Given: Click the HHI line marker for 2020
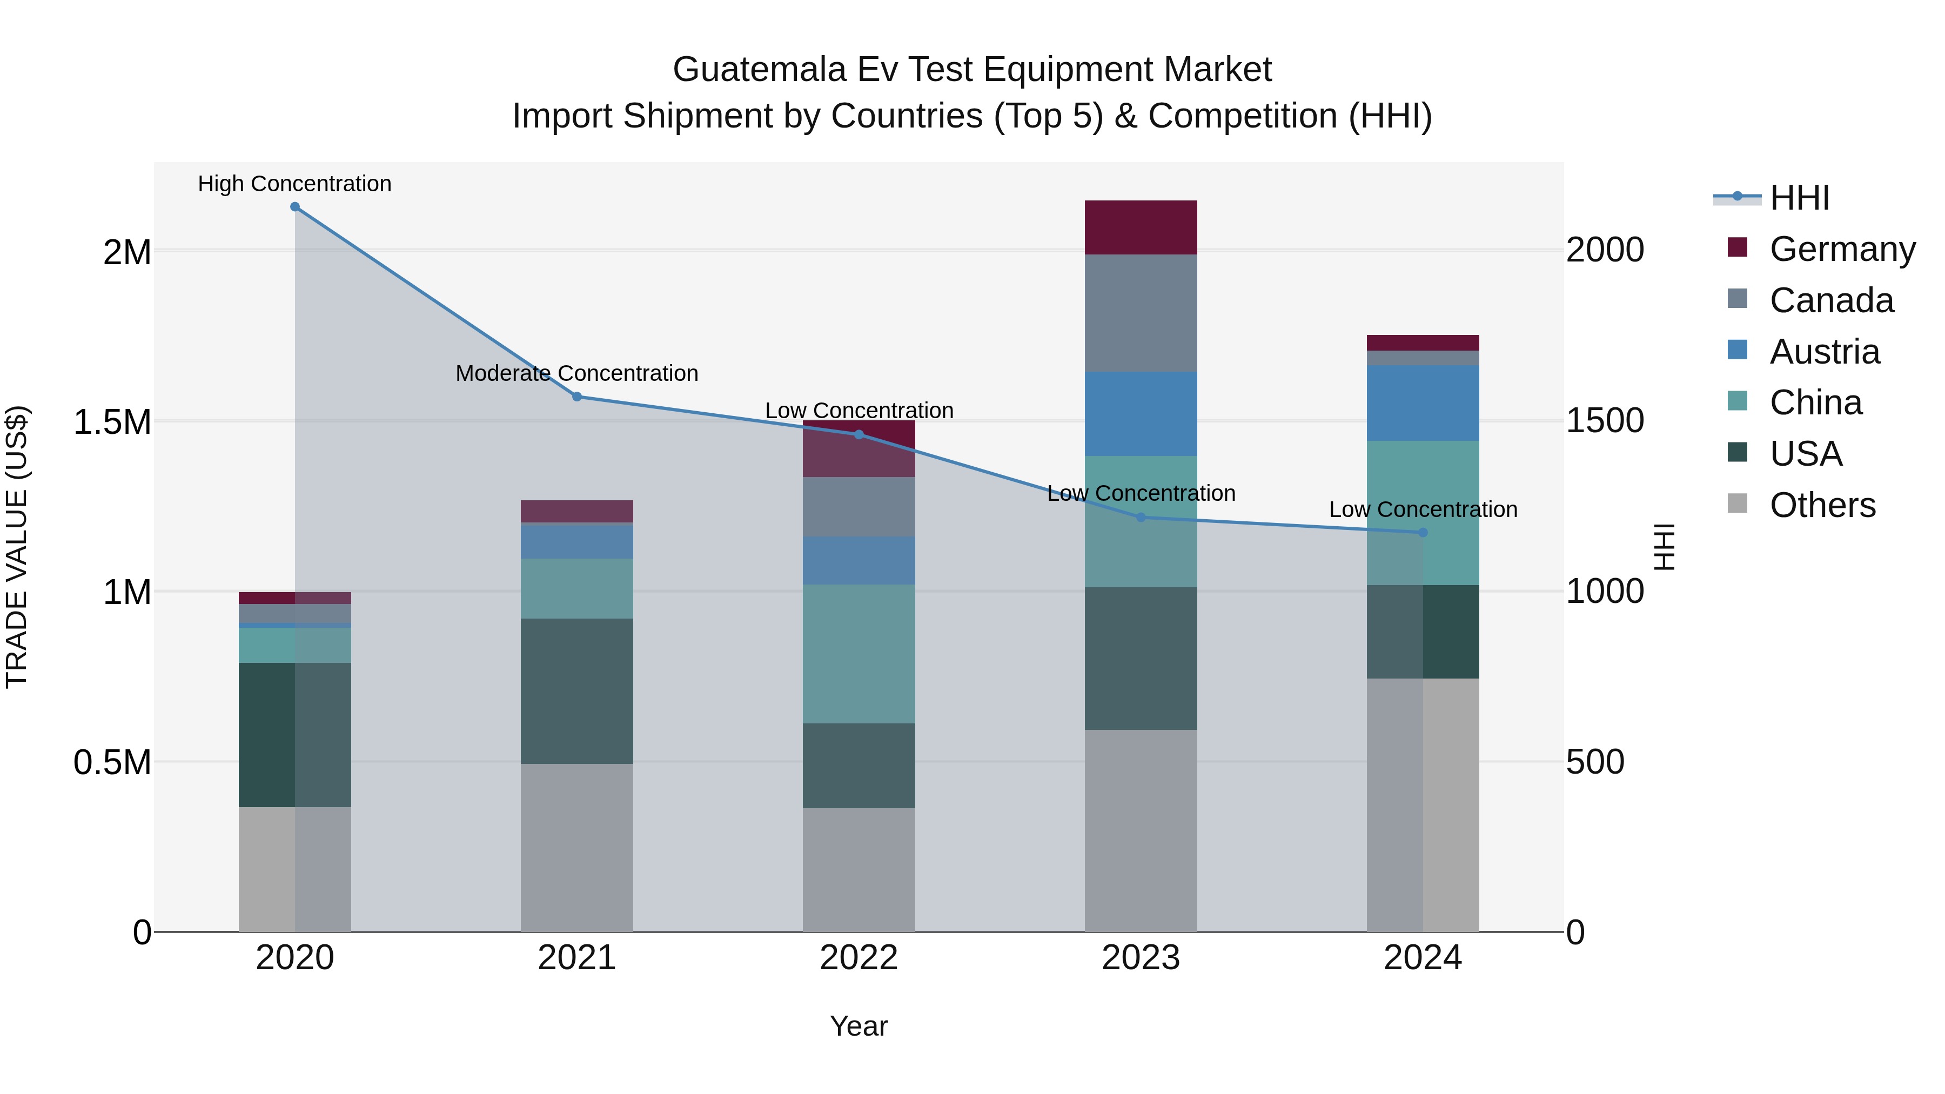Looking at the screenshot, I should coord(294,207).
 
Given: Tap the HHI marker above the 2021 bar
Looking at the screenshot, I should coord(577,397).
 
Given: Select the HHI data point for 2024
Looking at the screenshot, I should coord(1423,532).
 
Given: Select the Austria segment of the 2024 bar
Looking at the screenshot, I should coord(1423,402).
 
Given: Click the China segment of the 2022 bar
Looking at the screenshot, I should coord(859,653).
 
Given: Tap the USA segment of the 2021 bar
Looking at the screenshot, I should coord(577,691).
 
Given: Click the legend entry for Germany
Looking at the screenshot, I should coord(1842,249).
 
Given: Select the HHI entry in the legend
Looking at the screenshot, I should coord(1799,198).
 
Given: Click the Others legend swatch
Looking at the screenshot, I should coord(1738,504).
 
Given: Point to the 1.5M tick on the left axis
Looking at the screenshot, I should coord(112,422).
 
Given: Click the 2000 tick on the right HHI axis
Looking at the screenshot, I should coord(1605,250).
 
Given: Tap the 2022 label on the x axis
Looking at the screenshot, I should coord(859,958).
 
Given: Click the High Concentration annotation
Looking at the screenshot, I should coord(294,184).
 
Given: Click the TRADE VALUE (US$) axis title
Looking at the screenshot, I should coord(17,547).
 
